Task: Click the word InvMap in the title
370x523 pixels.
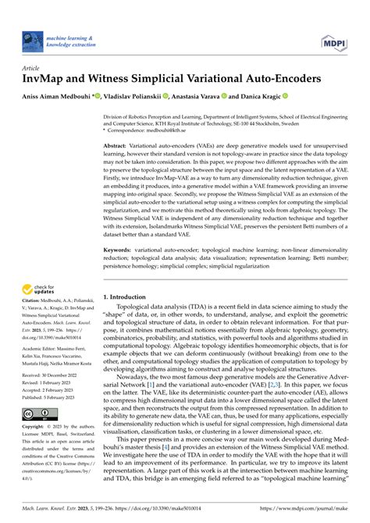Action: click(44, 78)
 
